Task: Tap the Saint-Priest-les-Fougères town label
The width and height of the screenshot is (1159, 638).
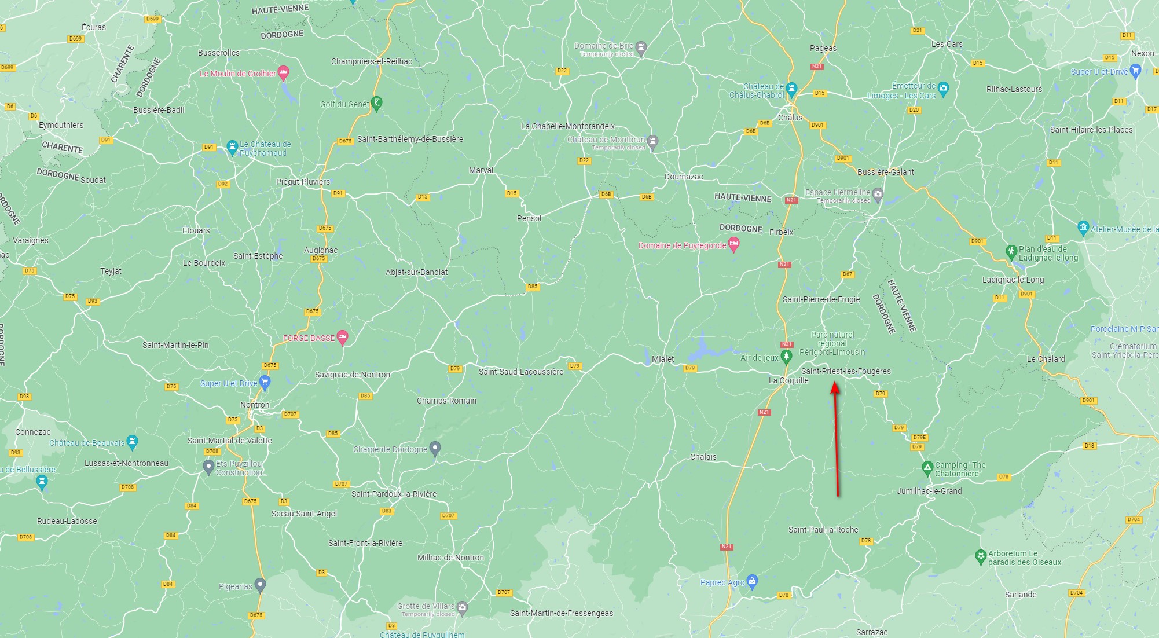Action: pyautogui.click(x=846, y=371)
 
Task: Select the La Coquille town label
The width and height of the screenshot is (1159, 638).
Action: pyautogui.click(x=788, y=380)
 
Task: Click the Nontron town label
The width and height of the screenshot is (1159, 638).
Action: pyautogui.click(x=255, y=405)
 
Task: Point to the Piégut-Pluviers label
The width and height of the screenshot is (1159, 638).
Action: pyautogui.click(x=303, y=182)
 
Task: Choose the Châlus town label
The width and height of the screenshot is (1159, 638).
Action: pyautogui.click(x=790, y=118)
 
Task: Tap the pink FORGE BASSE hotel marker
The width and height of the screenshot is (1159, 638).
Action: pyautogui.click(x=342, y=337)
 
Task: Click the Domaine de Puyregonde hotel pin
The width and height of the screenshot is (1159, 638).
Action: pyautogui.click(x=733, y=244)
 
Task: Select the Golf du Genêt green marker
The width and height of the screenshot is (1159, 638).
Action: pyautogui.click(x=376, y=104)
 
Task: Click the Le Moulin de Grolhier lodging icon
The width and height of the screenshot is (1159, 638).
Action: pyautogui.click(x=283, y=73)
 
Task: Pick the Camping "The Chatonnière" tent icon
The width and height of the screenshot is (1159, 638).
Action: pyautogui.click(x=927, y=467)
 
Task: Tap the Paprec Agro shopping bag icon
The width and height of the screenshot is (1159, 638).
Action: pyautogui.click(x=752, y=581)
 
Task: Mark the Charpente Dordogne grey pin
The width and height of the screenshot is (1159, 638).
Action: pyautogui.click(x=435, y=448)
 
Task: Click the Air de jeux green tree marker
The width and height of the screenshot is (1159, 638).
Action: pyautogui.click(x=786, y=357)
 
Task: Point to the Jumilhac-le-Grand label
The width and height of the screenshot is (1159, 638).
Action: pyautogui.click(x=929, y=491)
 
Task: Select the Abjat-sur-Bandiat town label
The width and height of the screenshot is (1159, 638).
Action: pyautogui.click(x=416, y=272)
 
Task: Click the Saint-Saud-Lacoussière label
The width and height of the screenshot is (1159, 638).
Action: pyautogui.click(x=520, y=372)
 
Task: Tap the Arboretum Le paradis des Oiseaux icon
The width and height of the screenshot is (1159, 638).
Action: pyautogui.click(x=980, y=556)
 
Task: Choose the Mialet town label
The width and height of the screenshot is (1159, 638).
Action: pyautogui.click(x=662, y=359)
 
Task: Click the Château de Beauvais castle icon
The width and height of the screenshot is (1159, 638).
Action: pyautogui.click(x=133, y=442)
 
